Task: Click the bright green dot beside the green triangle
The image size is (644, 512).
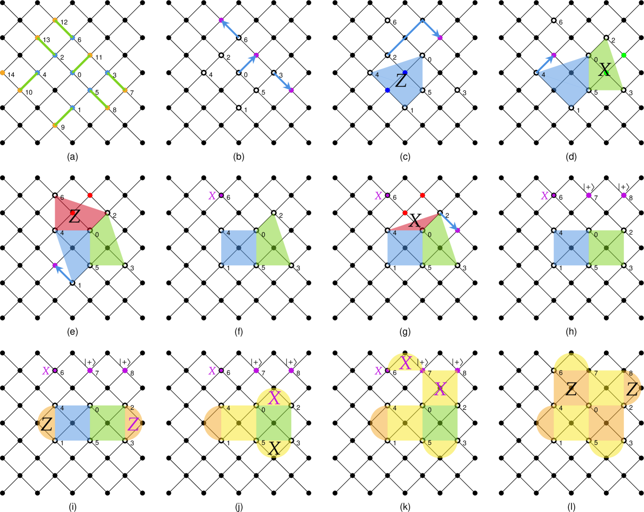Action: pos(623,55)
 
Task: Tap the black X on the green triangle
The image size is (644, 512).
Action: pos(604,70)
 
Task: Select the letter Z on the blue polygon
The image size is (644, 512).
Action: pos(401,81)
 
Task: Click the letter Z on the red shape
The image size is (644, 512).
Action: pos(74,216)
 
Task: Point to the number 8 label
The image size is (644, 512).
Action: pos(631,374)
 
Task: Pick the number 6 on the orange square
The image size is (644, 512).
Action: pos(561,373)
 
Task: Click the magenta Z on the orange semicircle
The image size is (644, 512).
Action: pos(133,424)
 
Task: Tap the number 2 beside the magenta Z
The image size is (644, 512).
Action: pos(132,408)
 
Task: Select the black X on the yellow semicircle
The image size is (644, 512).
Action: pos(274,448)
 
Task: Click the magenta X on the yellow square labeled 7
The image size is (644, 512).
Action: pos(440,389)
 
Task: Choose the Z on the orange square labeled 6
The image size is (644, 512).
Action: pos(571,389)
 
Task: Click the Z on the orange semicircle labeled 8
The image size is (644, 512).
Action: pos(632,389)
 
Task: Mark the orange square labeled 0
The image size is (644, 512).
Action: pos(606,423)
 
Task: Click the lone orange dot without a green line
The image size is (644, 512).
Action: pos(2,73)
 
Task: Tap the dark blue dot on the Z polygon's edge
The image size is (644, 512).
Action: pos(387,90)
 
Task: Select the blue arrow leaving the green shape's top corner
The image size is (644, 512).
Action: pos(449,222)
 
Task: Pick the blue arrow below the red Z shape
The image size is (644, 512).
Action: pos(63,274)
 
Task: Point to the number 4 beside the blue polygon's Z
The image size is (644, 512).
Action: pos(377,75)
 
